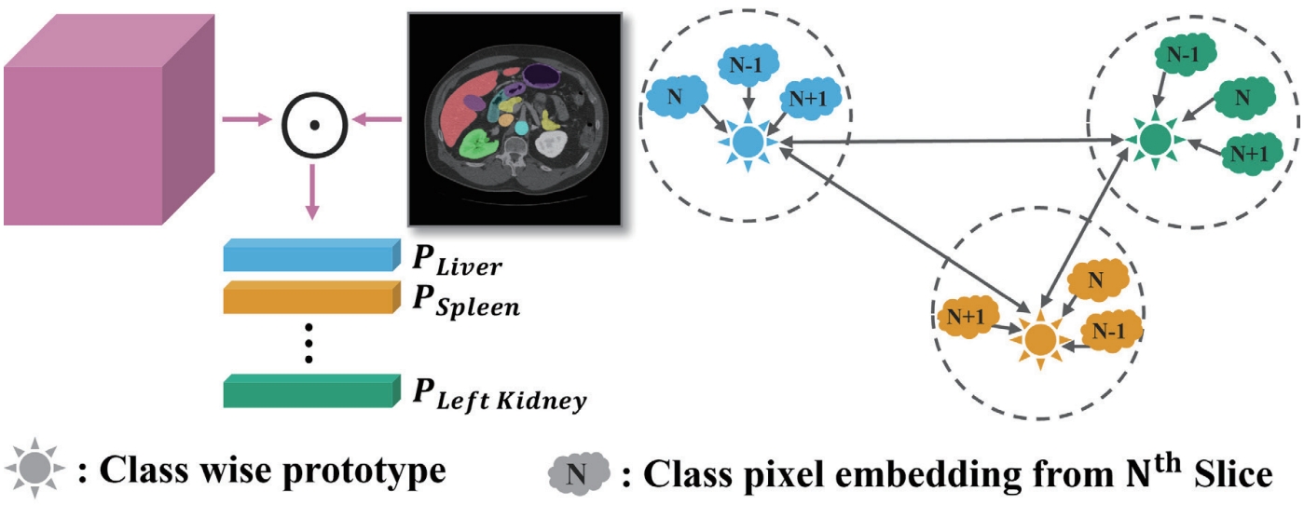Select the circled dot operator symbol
(x=314, y=121)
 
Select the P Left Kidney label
(x=499, y=394)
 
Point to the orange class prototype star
(x=1038, y=341)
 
